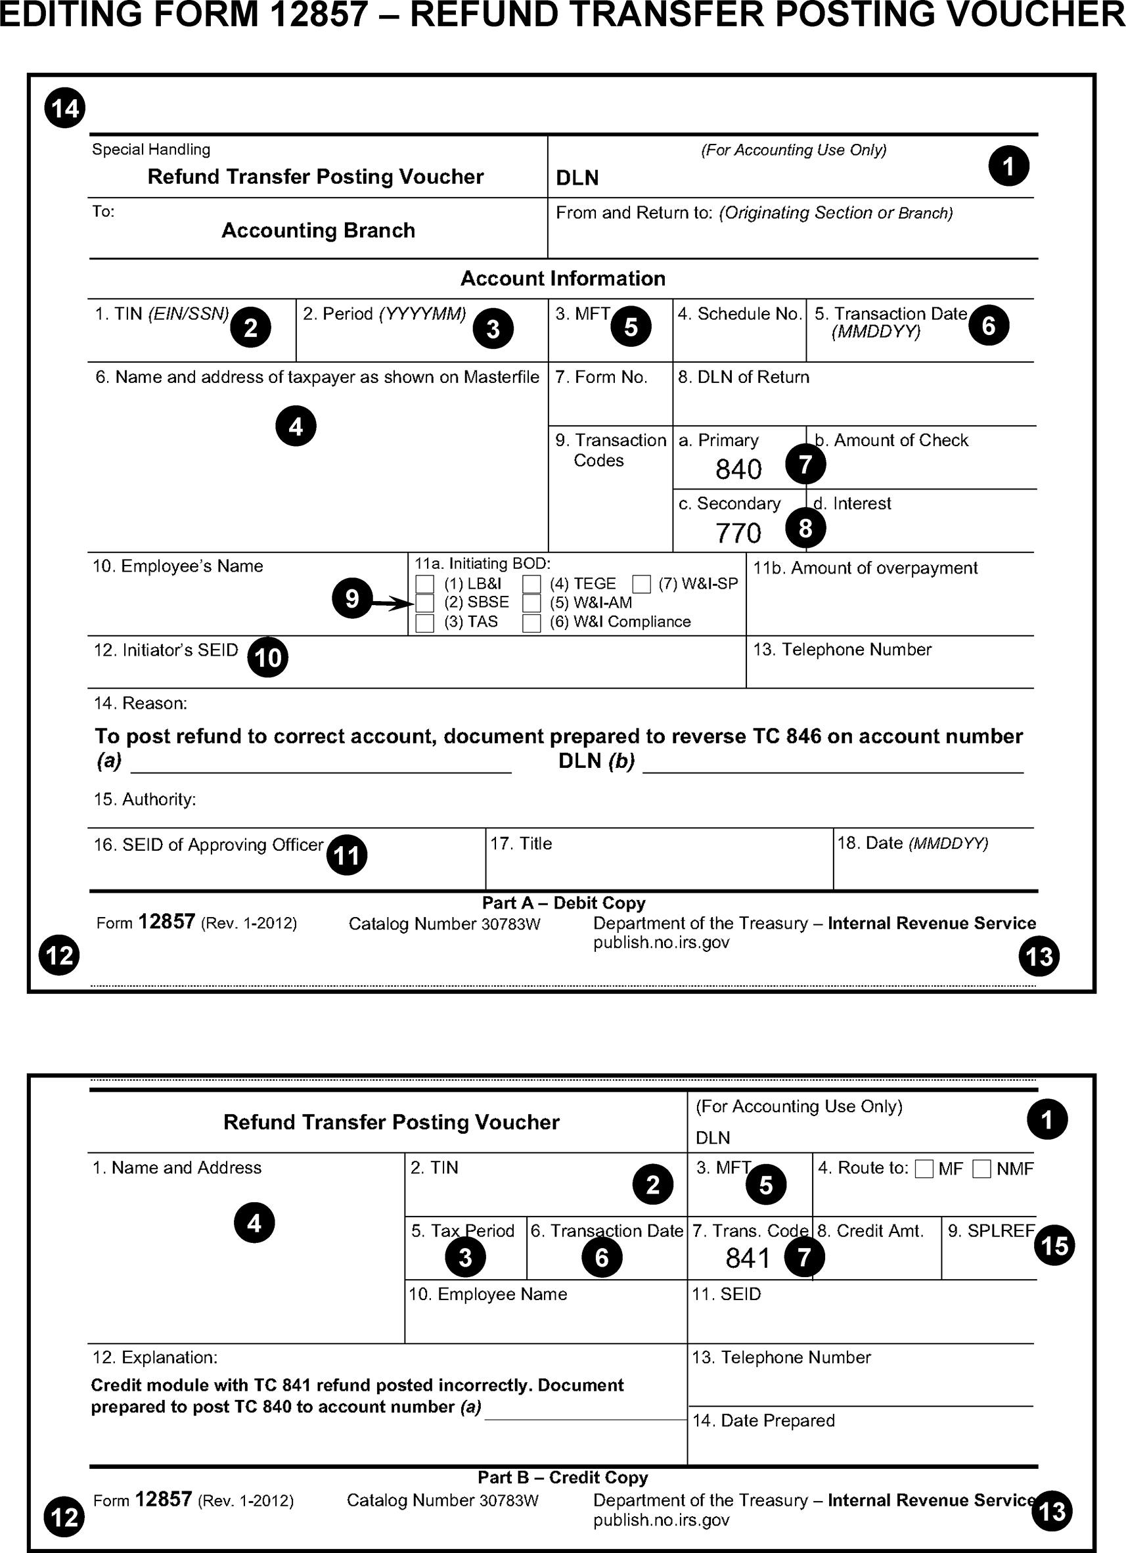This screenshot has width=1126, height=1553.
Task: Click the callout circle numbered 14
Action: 65,108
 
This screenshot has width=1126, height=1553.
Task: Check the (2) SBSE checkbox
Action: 425,603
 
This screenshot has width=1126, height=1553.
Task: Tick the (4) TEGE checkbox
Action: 531,584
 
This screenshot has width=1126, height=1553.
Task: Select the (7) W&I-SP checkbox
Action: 641,584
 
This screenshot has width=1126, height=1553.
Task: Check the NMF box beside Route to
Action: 981,1169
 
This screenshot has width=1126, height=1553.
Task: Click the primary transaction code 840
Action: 738,470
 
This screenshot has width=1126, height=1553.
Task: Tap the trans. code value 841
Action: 748,1259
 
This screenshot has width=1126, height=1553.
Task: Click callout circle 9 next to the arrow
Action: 352,598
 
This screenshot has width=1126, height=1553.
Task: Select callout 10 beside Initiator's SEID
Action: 268,658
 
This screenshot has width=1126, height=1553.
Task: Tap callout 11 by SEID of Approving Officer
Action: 347,855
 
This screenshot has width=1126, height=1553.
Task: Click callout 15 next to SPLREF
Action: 1054,1245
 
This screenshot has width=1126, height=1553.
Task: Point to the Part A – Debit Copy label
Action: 564,903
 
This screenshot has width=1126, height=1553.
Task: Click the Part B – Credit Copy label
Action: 563,1477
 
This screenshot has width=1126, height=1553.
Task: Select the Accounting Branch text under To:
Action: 319,231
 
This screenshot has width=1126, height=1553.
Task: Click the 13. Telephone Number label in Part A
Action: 842,650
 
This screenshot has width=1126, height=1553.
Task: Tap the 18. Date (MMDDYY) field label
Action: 912,844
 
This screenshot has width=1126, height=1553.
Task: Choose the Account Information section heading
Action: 563,279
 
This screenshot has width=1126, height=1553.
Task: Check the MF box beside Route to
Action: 924,1169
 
